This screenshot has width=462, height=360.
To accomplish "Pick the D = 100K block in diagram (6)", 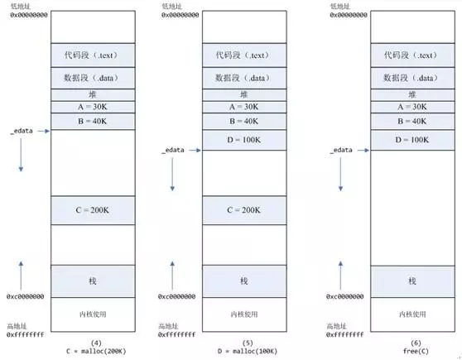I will [411, 140].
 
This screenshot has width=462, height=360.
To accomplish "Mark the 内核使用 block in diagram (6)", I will [411, 314].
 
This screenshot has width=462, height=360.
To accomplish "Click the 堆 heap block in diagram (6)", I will [411, 94].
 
